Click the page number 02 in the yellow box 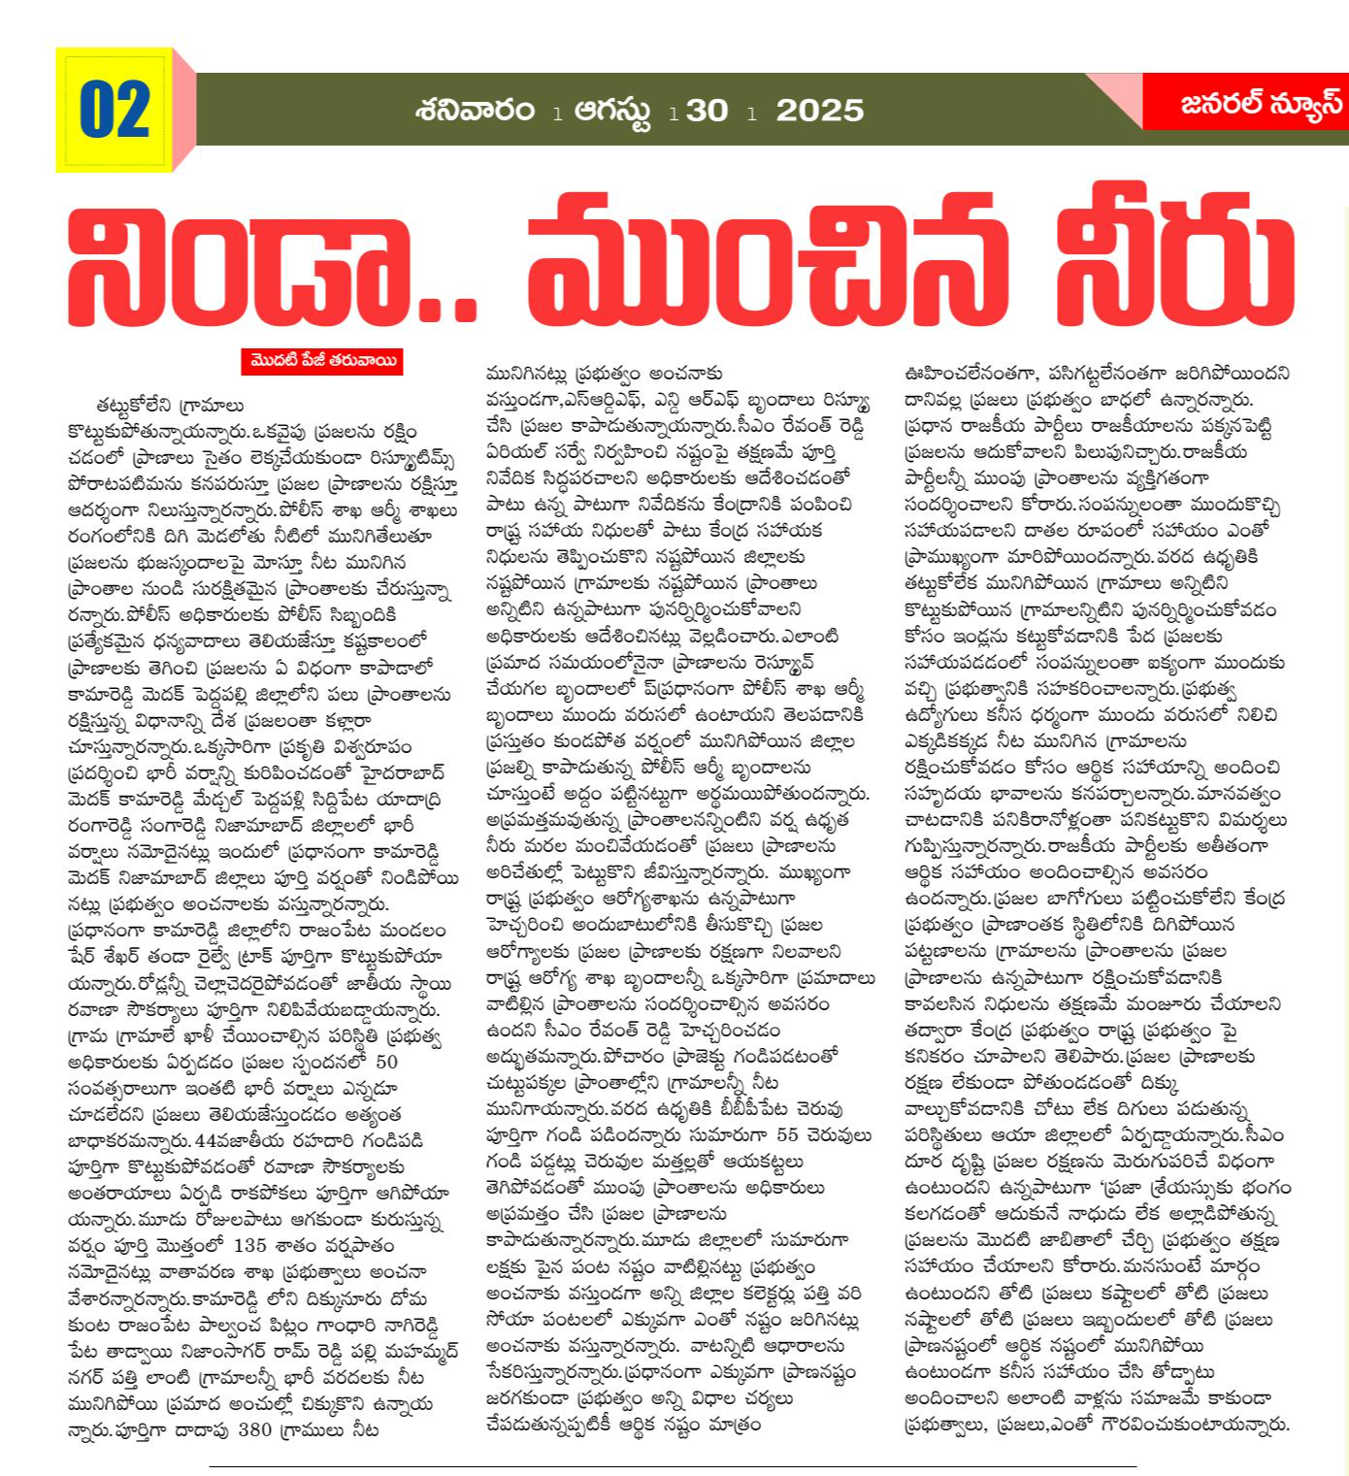point(115,110)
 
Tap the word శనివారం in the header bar point(476,110)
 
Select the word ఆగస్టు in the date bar point(613,111)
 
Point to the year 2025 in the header point(819,111)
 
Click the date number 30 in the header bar point(707,111)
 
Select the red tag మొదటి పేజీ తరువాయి point(322,361)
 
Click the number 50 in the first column point(386,1062)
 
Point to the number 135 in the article point(249,1245)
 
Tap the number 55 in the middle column point(787,1135)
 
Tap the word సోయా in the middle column point(509,1320)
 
